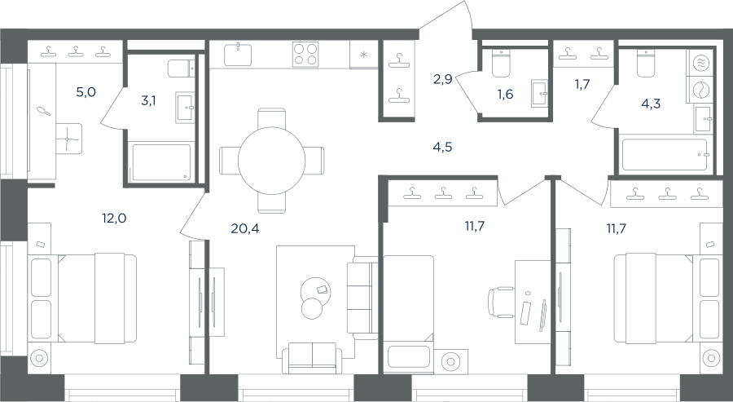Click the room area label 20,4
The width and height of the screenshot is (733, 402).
click(244, 228)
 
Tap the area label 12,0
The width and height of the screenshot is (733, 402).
click(114, 218)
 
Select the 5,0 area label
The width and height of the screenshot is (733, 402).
click(86, 92)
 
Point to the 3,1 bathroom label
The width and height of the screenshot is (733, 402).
click(148, 100)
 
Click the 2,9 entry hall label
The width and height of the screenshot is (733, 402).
click(442, 79)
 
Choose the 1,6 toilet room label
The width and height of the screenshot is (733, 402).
click(505, 95)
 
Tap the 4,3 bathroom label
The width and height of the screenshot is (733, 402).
click(651, 104)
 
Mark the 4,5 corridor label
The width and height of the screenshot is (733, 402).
click(442, 148)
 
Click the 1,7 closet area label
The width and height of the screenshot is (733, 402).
click(582, 84)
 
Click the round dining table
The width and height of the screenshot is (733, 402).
click(271, 161)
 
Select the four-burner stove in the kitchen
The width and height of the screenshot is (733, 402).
click(305, 55)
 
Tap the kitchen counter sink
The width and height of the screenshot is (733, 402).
click(238, 55)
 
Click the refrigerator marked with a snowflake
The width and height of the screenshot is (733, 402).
click(364, 55)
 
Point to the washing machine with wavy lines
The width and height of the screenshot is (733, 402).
click(700, 63)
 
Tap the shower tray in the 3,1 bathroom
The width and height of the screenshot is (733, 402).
click(161, 162)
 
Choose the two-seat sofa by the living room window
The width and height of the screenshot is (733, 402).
click(312, 357)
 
